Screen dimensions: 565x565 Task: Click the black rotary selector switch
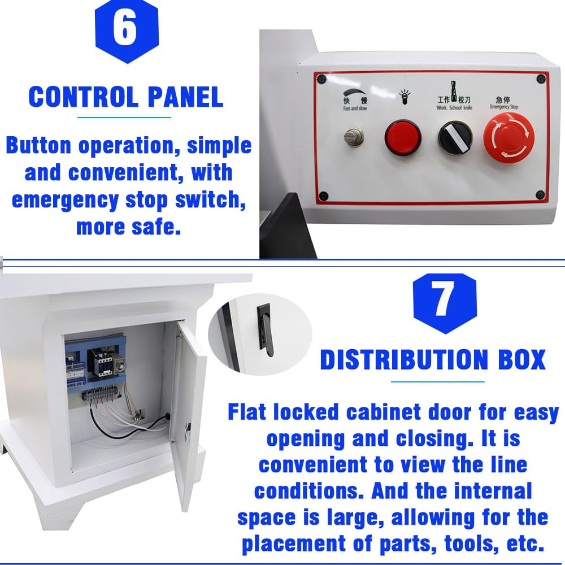[x=454, y=138]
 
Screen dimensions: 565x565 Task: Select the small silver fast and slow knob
[x=354, y=136]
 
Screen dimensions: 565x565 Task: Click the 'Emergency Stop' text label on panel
[x=504, y=107]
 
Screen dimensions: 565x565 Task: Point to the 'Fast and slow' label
[x=354, y=108]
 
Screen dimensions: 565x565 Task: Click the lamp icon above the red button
[x=403, y=96]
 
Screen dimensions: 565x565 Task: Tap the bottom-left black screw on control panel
[x=323, y=196]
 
